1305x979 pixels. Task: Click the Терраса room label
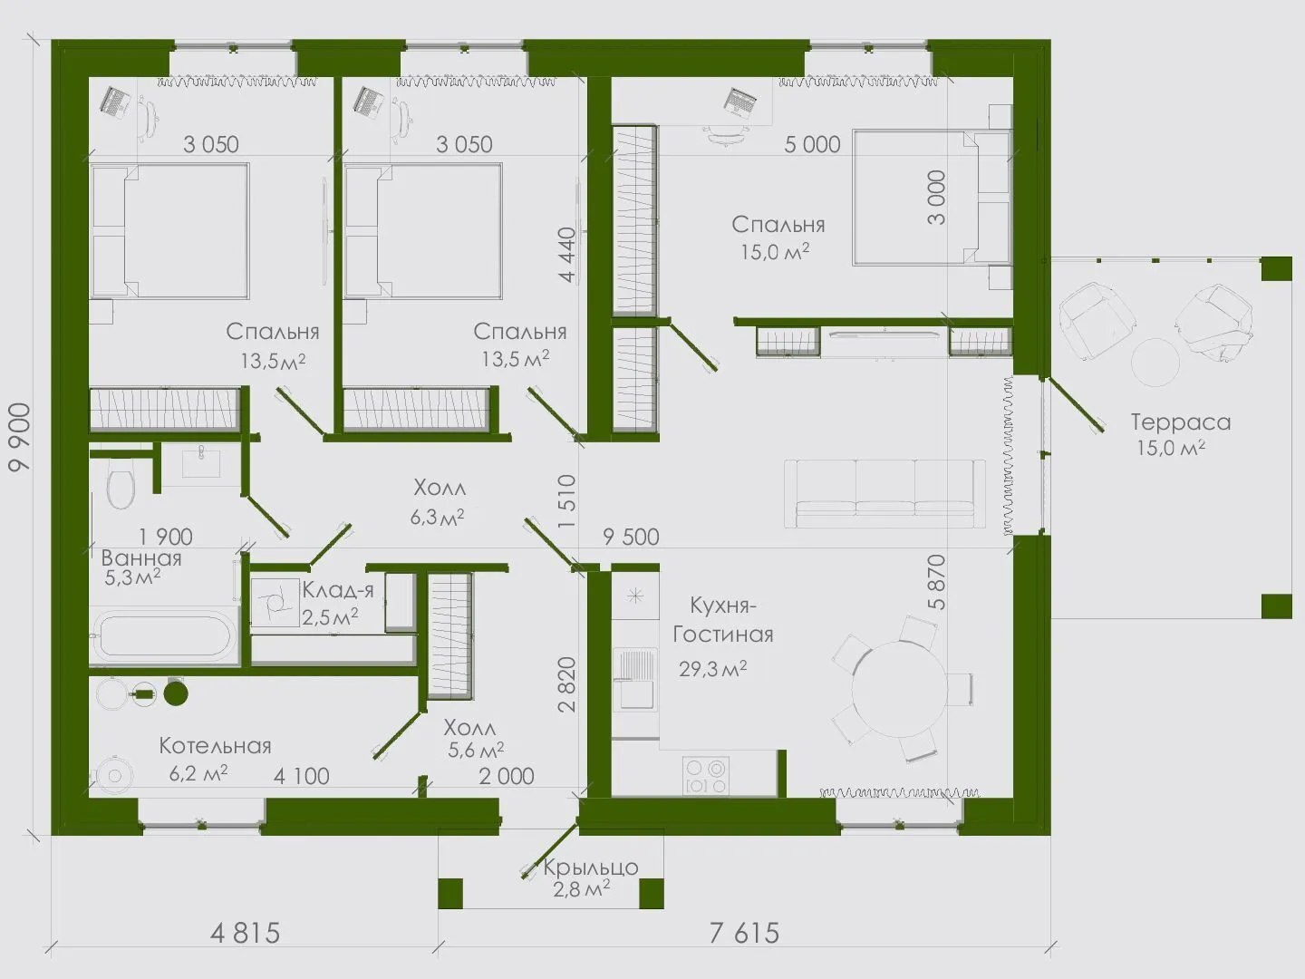click(x=1180, y=422)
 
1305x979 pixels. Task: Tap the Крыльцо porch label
click(x=590, y=868)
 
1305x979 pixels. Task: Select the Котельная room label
click(x=215, y=746)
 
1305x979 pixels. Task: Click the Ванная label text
click(x=141, y=558)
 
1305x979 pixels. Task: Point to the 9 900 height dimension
click(x=20, y=438)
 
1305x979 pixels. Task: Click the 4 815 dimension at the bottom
click(x=245, y=934)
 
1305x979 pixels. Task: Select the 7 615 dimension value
click(x=744, y=934)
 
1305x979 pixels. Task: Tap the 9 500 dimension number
click(x=631, y=537)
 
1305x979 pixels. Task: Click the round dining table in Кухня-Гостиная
click(x=900, y=690)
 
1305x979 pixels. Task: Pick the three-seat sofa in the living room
click(x=884, y=493)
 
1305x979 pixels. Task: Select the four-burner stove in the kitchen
click(x=706, y=775)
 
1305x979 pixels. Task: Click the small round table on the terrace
click(x=1155, y=363)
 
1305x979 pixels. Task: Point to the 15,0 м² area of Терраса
click(x=1171, y=448)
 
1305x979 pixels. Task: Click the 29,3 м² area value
click(x=713, y=669)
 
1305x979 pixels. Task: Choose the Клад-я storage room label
click(x=338, y=589)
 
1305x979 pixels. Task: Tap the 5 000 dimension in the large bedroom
click(x=812, y=144)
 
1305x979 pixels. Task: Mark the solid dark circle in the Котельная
click(x=176, y=693)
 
